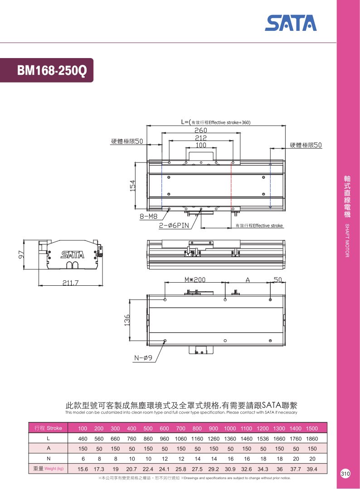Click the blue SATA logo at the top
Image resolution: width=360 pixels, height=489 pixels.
coord(291,23)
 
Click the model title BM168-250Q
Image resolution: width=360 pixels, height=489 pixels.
coord(52,70)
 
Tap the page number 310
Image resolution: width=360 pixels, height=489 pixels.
coord(345,474)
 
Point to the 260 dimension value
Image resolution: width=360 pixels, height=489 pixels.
coord(201,130)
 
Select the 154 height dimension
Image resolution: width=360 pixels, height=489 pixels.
coord(133,186)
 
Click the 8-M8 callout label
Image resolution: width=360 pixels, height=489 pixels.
coord(149,216)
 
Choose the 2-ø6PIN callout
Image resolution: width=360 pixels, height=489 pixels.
coord(174,225)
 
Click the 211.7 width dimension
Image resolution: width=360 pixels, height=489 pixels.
coord(70,283)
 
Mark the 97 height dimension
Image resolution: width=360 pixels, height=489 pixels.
coord(21,254)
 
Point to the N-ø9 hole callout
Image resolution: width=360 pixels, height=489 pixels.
coord(143,358)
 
